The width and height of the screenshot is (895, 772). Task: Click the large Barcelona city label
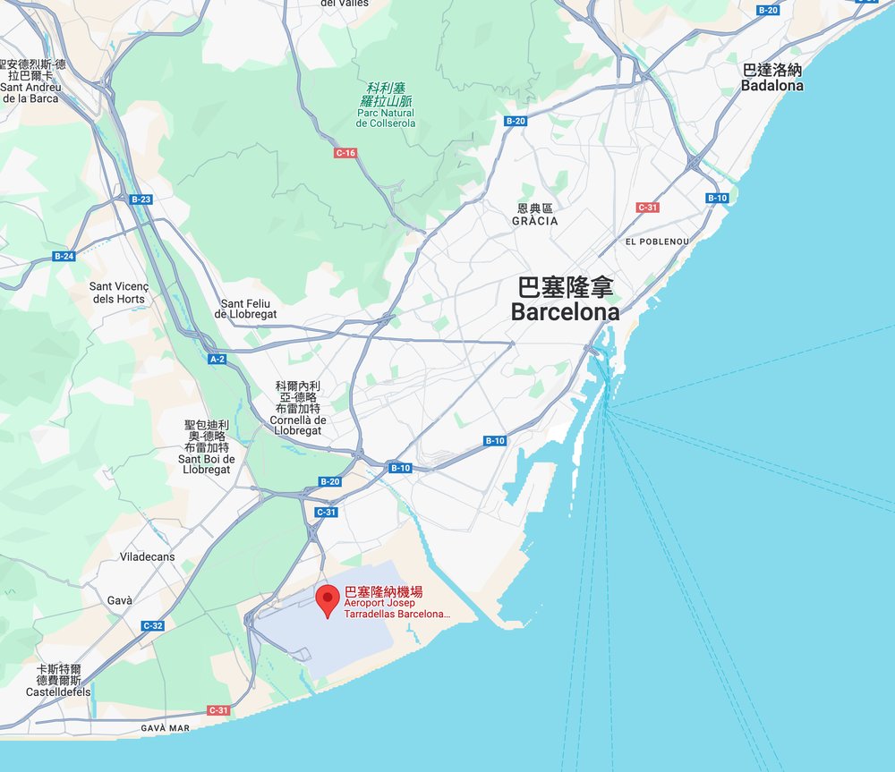point(565,301)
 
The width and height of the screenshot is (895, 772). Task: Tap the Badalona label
point(771,78)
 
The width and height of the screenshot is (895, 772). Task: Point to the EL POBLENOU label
point(657,242)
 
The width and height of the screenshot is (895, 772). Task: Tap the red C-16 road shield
point(345,153)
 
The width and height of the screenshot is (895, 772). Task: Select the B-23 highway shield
point(141,199)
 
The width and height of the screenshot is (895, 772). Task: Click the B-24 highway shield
point(64,256)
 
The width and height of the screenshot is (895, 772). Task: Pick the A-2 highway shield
point(217,359)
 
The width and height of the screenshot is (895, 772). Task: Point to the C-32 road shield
point(152,625)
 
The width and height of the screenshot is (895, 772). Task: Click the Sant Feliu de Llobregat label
point(246,309)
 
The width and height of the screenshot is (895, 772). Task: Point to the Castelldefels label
point(59,681)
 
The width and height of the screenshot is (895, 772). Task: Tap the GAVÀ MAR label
point(166,728)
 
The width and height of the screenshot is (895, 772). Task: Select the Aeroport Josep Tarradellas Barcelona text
point(396,609)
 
